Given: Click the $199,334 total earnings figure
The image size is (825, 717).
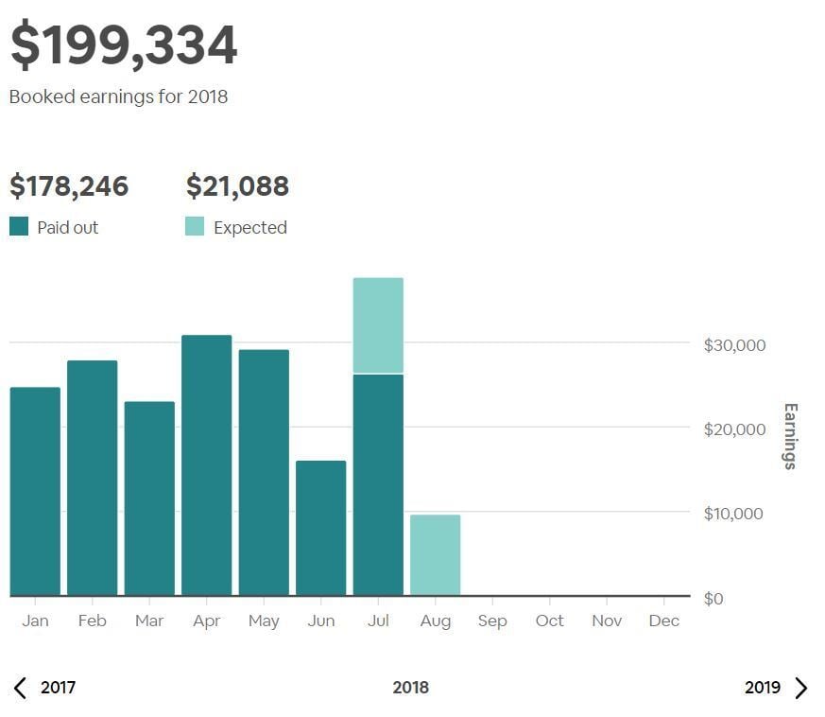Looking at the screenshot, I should coord(124,45).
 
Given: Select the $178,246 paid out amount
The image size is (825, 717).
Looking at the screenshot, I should coord(69,186).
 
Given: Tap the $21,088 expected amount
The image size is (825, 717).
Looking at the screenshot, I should coord(237,186).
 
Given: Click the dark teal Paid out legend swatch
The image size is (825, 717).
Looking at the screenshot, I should coord(19,227).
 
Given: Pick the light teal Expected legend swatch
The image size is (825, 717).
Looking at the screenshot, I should coord(195,227).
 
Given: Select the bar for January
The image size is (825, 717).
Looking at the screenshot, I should coord(35,491).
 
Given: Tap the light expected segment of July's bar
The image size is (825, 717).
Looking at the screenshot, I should coord(378,325).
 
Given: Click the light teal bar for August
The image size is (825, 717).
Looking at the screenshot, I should coord(435,555).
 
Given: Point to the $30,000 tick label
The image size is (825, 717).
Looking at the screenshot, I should coord(734,345).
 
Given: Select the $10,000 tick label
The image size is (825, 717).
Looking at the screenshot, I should coord(734,514).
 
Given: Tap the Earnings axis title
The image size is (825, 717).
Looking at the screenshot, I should coord(790,436).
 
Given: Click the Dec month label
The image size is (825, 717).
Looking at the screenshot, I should coord(663,621).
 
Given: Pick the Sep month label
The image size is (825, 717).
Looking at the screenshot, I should coord(491,621).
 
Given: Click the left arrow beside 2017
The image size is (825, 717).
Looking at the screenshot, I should coord(21,688).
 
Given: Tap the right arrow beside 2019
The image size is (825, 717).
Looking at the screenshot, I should coord(801,688).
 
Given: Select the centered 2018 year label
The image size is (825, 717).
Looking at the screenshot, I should coord(410,688).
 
